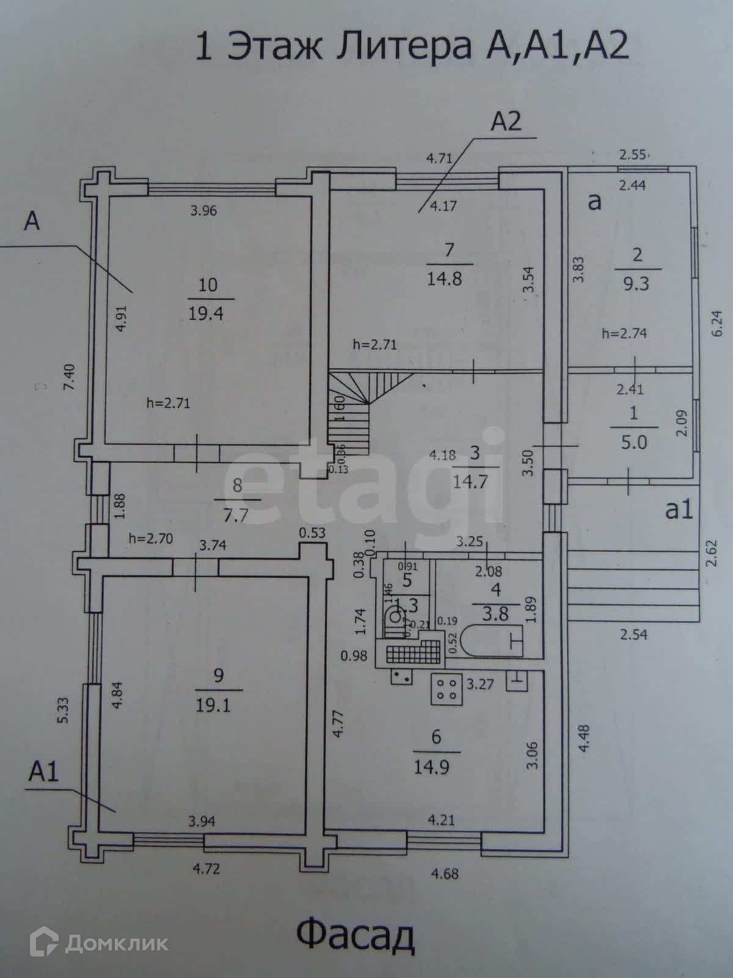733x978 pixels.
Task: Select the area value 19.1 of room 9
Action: pyautogui.click(x=213, y=705)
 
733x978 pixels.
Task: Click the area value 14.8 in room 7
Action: pyautogui.click(x=445, y=279)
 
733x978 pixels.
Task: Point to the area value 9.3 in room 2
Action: pyautogui.click(x=636, y=284)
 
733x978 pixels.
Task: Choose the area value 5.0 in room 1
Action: pyautogui.click(x=634, y=441)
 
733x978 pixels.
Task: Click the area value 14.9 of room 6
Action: pyautogui.click(x=432, y=767)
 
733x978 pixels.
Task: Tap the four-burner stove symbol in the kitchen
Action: pyautogui.click(x=445, y=688)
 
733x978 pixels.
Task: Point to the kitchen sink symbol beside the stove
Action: pyautogui.click(x=401, y=676)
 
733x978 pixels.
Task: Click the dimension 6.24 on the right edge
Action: pyautogui.click(x=717, y=323)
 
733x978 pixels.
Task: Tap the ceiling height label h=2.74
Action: pyautogui.click(x=624, y=334)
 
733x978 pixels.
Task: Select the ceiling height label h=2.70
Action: pyautogui.click(x=151, y=539)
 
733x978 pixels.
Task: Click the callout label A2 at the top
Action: pyautogui.click(x=506, y=122)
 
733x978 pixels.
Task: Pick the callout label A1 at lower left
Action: pyautogui.click(x=43, y=773)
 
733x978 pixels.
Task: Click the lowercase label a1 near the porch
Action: pyautogui.click(x=679, y=509)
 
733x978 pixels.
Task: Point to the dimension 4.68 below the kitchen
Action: pyautogui.click(x=444, y=873)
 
